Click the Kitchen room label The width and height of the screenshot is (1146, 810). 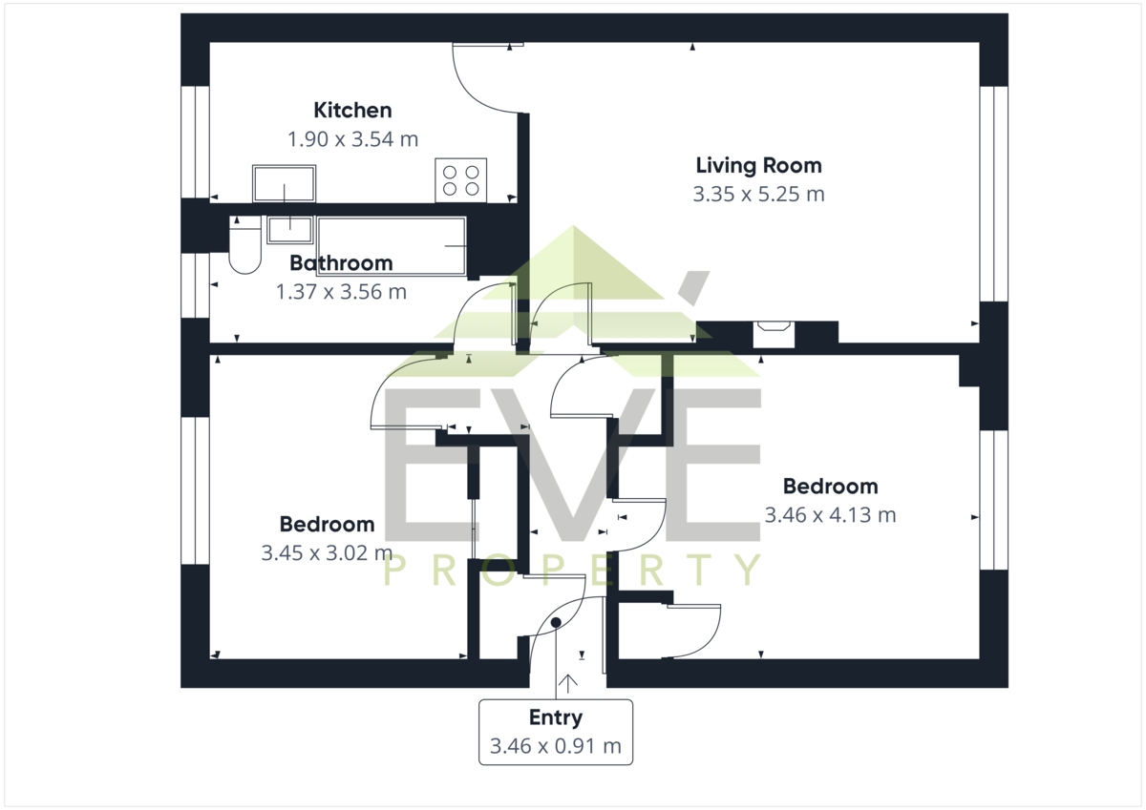(352, 111)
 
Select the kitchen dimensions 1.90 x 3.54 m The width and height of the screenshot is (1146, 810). (352, 139)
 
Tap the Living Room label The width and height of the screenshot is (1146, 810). (758, 166)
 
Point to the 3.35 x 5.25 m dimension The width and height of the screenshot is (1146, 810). (758, 195)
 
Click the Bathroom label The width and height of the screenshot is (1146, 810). (341, 263)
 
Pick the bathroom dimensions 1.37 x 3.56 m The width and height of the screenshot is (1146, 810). (341, 292)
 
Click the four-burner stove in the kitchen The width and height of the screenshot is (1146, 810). (461, 180)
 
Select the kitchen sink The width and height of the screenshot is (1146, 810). (284, 183)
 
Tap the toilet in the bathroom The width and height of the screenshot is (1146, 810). (245, 245)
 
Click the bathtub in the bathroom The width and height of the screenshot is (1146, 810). (392, 246)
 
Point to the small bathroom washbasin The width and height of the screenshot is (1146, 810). (290, 230)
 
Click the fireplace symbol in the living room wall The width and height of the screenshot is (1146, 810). (774, 334)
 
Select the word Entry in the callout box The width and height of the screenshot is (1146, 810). (556, 718)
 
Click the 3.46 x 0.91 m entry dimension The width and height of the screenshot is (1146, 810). (556, 746)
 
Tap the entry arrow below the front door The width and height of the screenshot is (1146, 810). (568, 684)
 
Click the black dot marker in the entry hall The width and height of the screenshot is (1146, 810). (556, 622)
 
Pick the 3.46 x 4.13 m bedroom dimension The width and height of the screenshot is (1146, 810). (830, 515)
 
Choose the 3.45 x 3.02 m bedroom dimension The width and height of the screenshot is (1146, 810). (327, 553)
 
